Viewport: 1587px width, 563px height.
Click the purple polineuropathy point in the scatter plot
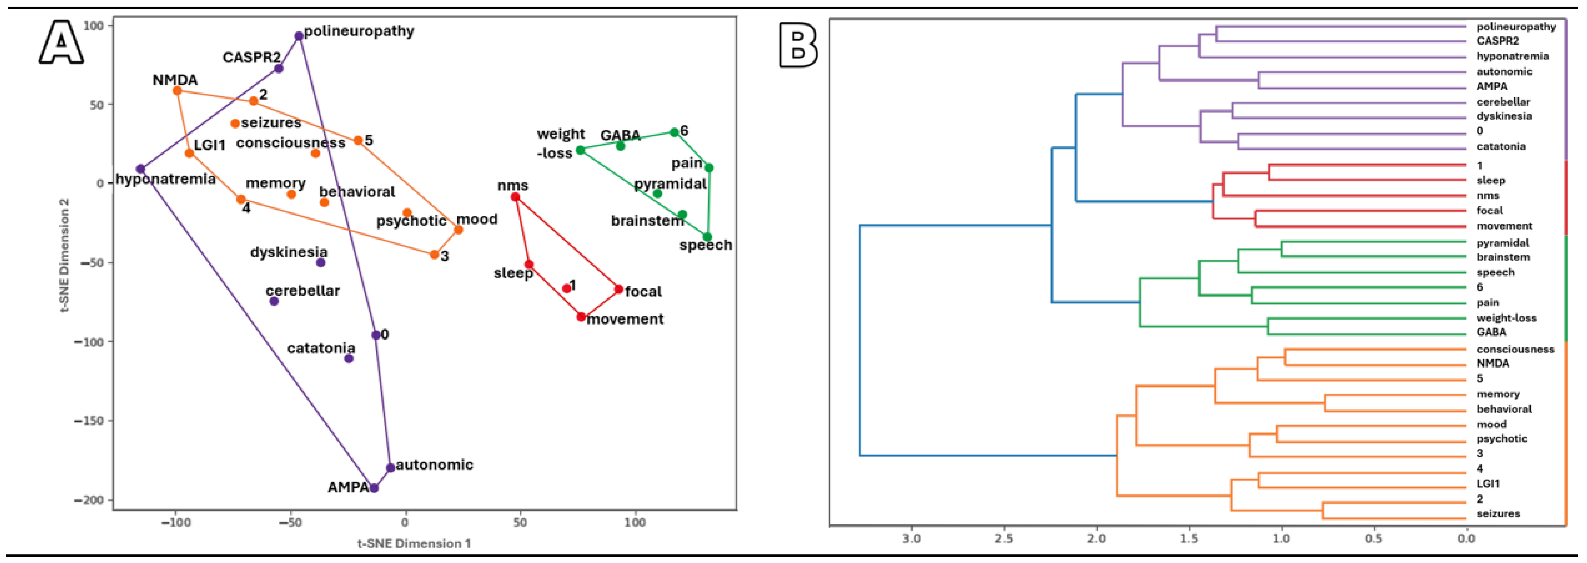[x=299, y=36]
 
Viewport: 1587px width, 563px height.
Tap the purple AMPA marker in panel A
[x=373, y=488]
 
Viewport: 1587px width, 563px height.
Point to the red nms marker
[x=515, y=197]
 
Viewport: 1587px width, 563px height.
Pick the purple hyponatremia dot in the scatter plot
[x=140, y=169]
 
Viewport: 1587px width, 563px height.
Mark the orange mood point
[x=458, y=230]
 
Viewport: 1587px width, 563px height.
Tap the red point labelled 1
[x=567, y=288]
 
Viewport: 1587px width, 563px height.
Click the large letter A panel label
[x=61, y=42]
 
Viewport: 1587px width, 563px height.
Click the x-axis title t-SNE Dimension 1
[x=414, y=543]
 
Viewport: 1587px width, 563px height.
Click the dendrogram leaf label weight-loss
[x=1506, y=318]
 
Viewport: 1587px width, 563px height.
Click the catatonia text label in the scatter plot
[x=321, y=348]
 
